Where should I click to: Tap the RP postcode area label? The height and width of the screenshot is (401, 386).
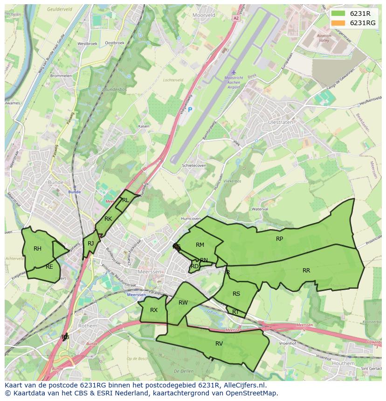coord(279,239)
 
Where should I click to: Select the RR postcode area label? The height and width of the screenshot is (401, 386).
coord(306,271)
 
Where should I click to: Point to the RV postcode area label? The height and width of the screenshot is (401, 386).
coord(219,344)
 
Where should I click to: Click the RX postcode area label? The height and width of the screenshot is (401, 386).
coord(154,310)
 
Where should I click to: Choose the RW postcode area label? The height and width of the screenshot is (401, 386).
coord(183,303)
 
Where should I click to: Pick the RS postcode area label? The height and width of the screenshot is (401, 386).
coord(236,294)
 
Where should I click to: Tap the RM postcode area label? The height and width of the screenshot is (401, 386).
coord(200,245)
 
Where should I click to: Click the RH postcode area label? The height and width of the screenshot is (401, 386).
coord(37,249)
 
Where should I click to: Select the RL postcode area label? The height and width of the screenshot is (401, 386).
coord(125,200)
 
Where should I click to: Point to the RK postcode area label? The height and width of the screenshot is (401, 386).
coord(108,219)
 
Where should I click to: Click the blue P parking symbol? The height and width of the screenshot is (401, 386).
coord(190,109)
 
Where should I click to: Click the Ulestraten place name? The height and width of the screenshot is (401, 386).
coord(281,122)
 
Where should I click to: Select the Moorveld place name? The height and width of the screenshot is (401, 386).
coord(204,15)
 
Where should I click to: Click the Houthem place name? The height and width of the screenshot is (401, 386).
coord(344,363)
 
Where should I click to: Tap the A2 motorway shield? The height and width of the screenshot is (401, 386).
coord(236,18)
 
